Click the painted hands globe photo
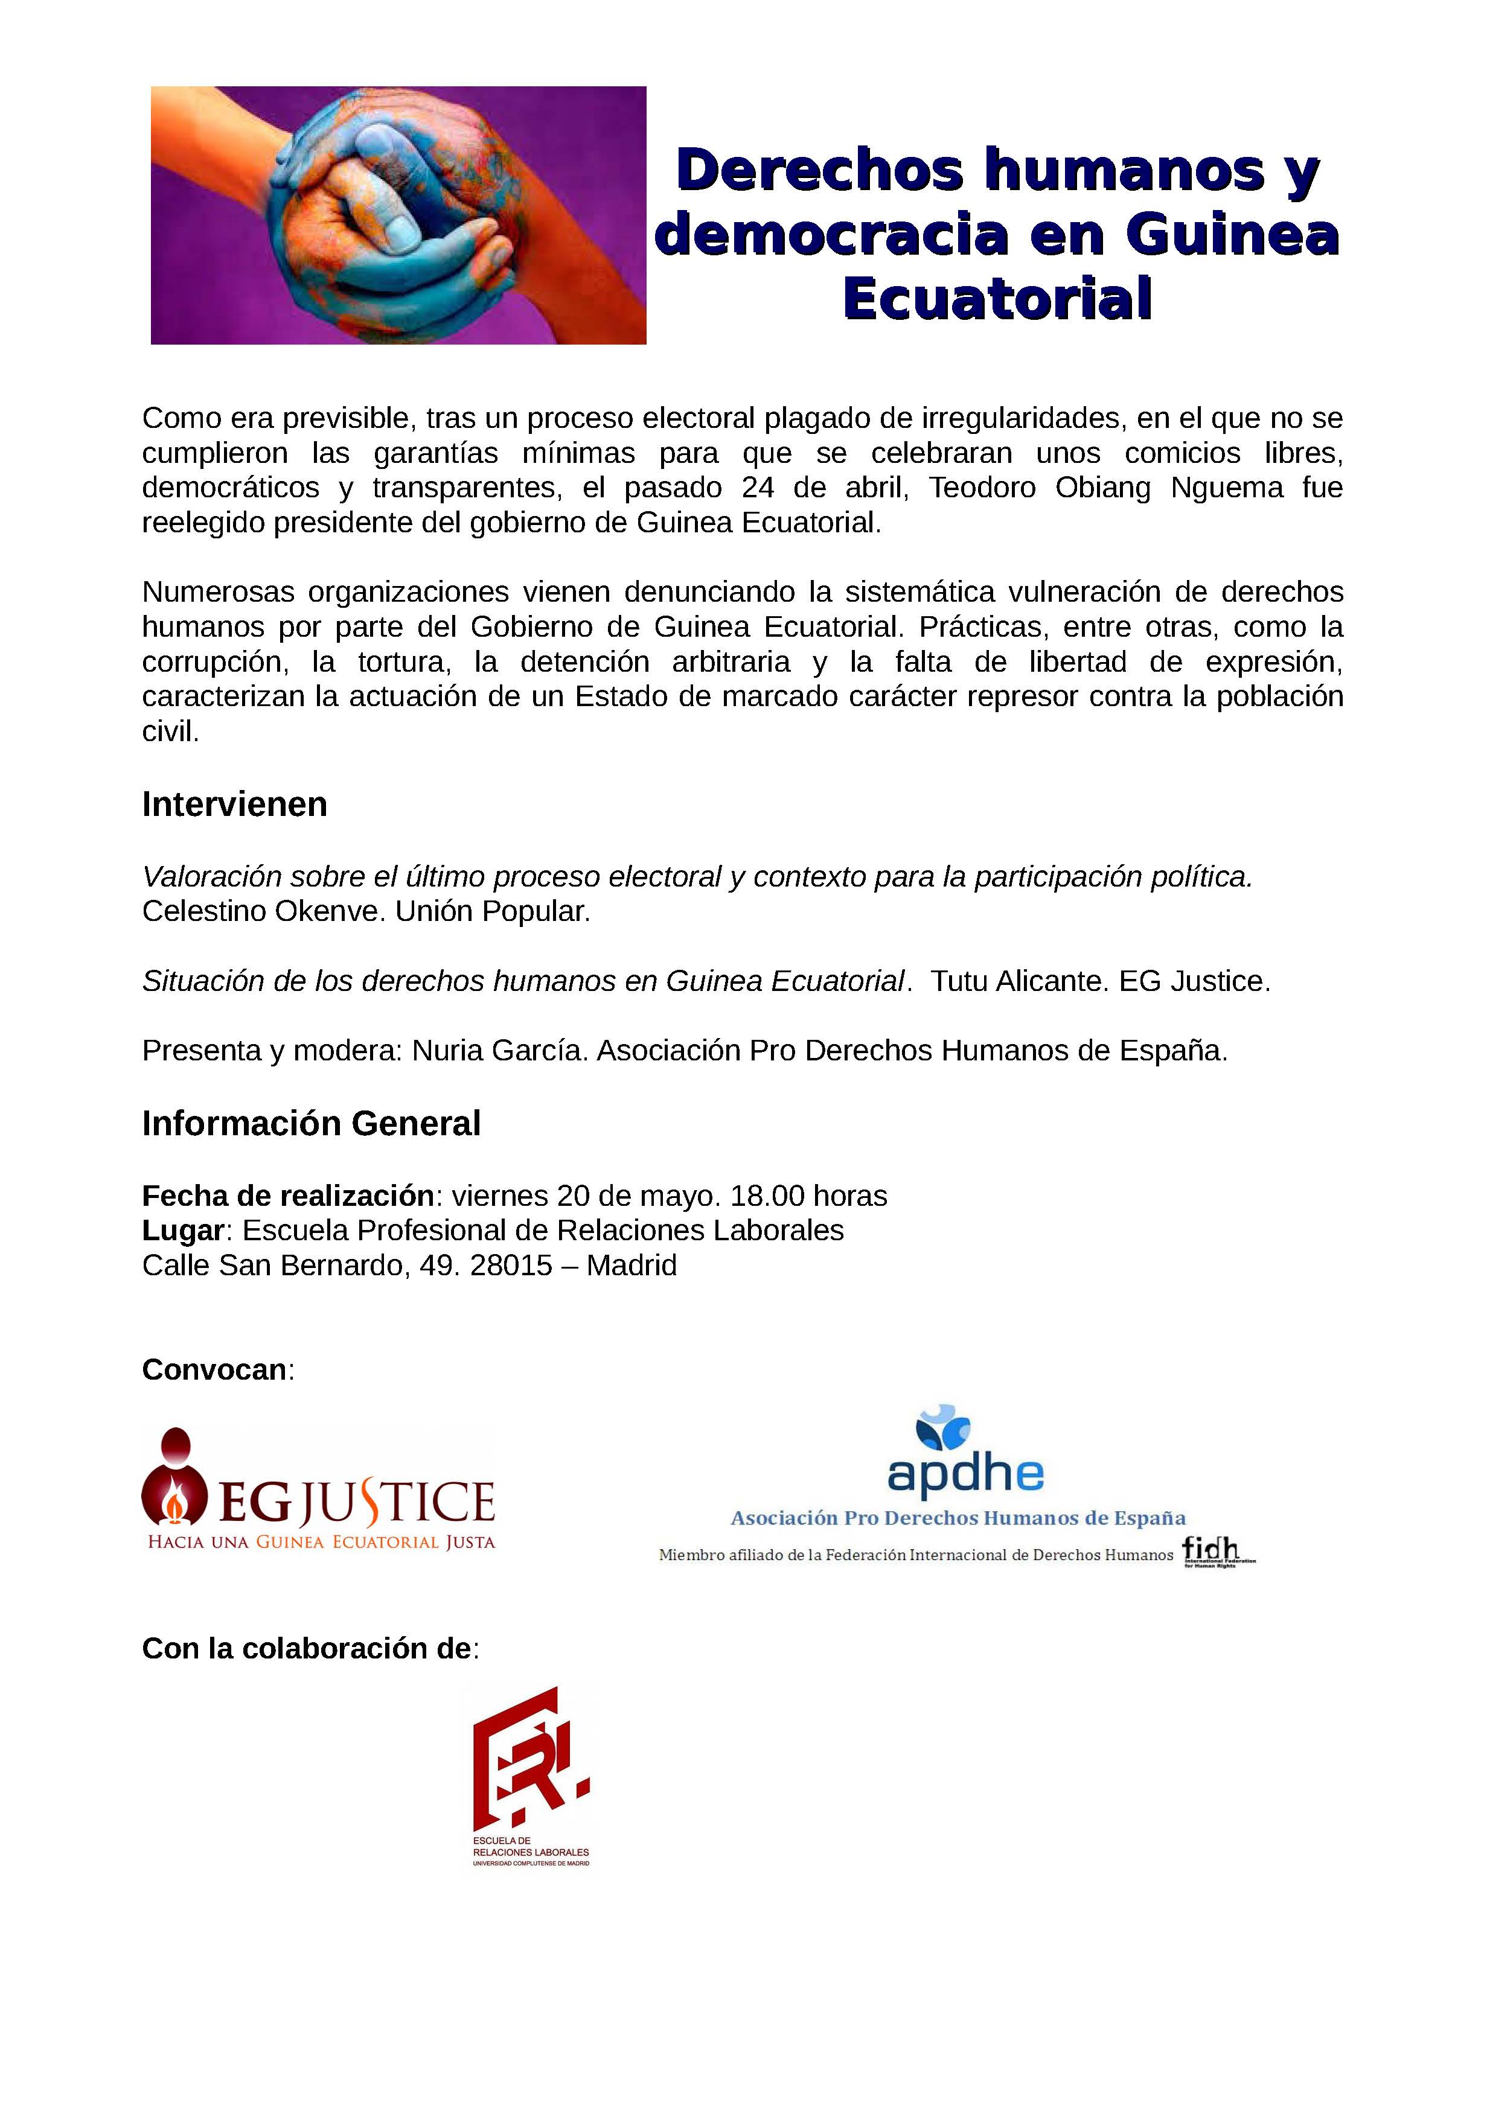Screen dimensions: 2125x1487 point(398,215)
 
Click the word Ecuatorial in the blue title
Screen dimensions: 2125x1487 point(997,298)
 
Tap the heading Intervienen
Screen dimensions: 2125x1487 point(234,804)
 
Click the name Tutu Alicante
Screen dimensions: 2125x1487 point(1017,981)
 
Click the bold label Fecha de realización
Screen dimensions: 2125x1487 point(287,1196)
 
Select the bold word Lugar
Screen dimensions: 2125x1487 point(182,1230)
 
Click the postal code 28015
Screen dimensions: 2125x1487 point(511,1265)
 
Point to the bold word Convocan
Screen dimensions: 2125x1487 point(214,1370)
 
